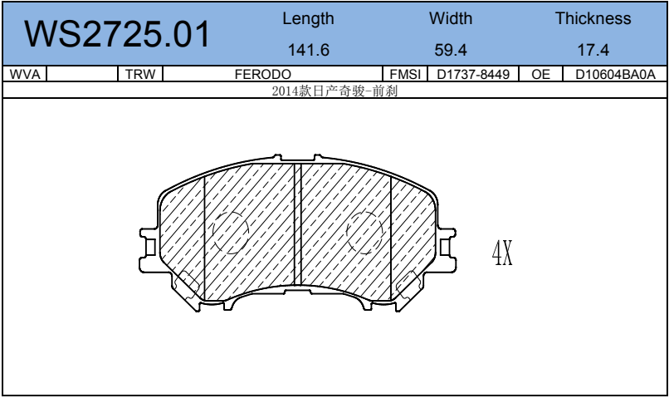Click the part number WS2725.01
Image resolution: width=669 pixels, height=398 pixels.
(118, 34)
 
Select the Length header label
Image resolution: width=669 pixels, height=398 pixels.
(308, 18)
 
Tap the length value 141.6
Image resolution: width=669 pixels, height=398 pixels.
(308, 50)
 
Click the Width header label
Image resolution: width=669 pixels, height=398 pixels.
(451, 18)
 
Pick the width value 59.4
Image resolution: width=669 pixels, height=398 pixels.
(451, 50)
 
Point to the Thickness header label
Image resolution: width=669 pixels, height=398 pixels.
(593, 18)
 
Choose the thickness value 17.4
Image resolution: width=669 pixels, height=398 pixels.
(593, 50)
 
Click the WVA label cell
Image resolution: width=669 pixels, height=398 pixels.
(24, 74)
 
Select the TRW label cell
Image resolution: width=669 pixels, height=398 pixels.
(140, 74)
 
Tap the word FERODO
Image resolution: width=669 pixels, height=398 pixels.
(262, 74)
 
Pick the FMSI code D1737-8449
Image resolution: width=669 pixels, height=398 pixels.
(472, 74)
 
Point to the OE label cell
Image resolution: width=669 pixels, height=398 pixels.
(540, 74)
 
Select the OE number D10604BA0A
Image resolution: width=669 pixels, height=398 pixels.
(615, 74)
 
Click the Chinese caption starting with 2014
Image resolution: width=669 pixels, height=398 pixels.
(335, 91)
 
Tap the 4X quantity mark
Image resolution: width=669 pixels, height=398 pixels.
(502, 253)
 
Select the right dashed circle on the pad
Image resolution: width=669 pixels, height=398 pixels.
(365, 232)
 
